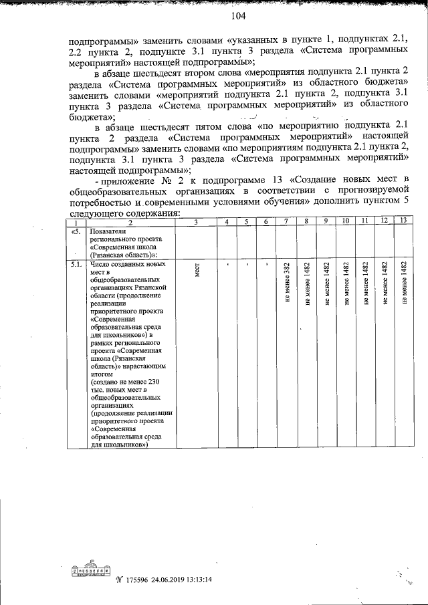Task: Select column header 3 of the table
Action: click(x=195, y=221)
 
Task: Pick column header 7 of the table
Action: click(x=286, y=221)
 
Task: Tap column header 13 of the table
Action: click(x=403, y=221)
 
